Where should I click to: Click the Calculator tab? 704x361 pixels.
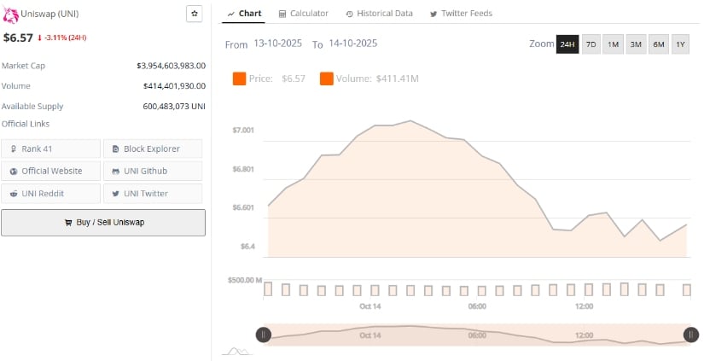tap(303, 14)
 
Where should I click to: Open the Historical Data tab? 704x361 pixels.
tap(379, 14)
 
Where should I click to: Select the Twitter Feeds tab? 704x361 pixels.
tap(461, 14)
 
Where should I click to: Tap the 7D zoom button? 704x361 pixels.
tap(591, 44)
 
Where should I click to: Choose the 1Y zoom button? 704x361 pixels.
tap(680, 44)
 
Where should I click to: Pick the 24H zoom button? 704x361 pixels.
tap(567, 44)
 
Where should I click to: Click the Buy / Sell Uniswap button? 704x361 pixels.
tap(103, 222)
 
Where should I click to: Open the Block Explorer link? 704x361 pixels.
tap(153, 148)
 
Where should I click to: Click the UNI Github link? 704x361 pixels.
tap(153, 171)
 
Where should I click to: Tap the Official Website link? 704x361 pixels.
tap(51, 171)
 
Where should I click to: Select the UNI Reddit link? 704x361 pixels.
tap(51, 193)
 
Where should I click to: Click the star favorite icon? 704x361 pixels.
tap(195, 14)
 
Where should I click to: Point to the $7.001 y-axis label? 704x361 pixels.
tap(243, 130)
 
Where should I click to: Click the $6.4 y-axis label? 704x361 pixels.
tap(247, 246)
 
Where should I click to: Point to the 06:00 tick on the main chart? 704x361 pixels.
tap(477, 306)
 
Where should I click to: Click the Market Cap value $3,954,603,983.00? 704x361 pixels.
tap(172, 65)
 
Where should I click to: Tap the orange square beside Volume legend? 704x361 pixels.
tap(327, 79)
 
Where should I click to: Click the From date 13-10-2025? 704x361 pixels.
tap(278, 44)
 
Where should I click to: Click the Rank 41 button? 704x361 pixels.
tap(51, 148)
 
